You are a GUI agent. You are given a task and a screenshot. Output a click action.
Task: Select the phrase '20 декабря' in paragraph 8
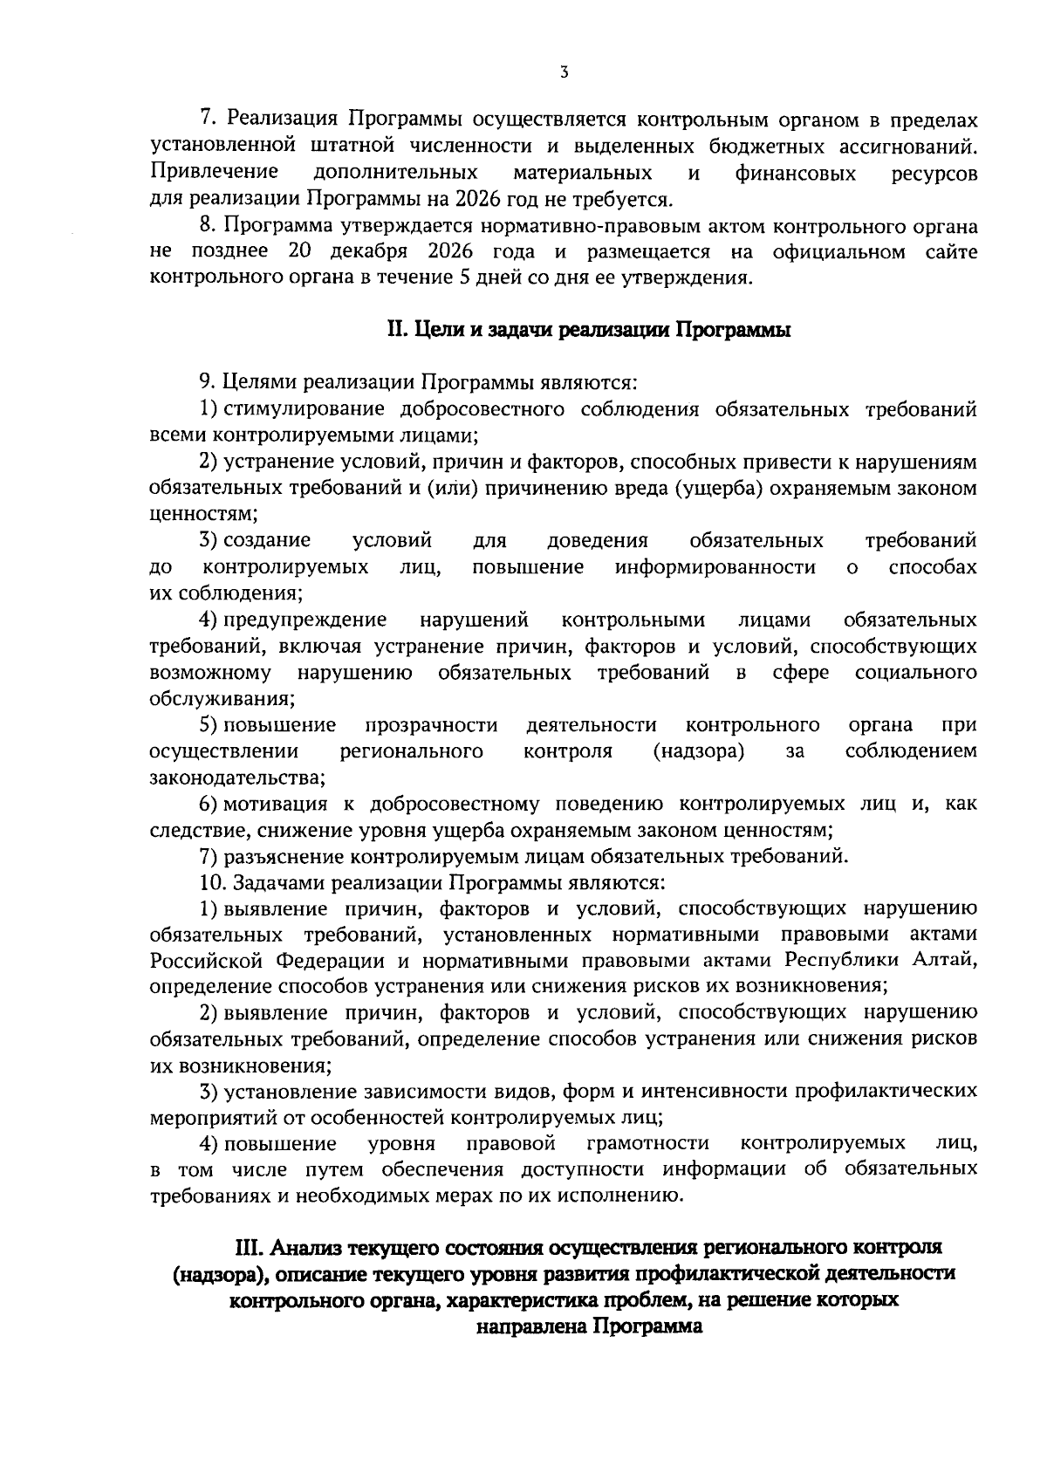(346, 253)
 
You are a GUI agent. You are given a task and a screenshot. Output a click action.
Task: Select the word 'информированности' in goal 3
(715, 568)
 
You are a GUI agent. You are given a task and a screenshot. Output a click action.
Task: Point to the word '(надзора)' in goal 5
(698, 751)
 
